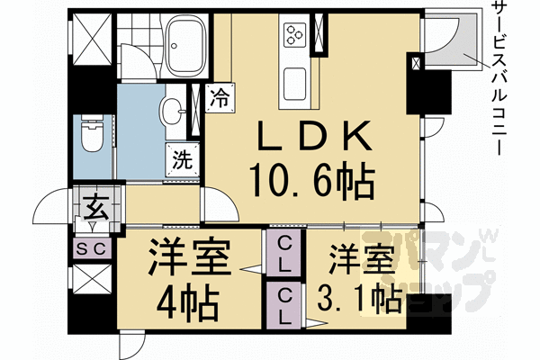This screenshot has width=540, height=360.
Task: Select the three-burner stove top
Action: pyautogui.click(x=296, y=35)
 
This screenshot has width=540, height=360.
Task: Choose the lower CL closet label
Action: pyautogui.click(x=283, y=305)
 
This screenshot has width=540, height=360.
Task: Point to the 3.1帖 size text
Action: pyautogui.click(x=360, y=297)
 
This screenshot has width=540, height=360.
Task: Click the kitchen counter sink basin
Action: pyautogui.click(x=297, y=85)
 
